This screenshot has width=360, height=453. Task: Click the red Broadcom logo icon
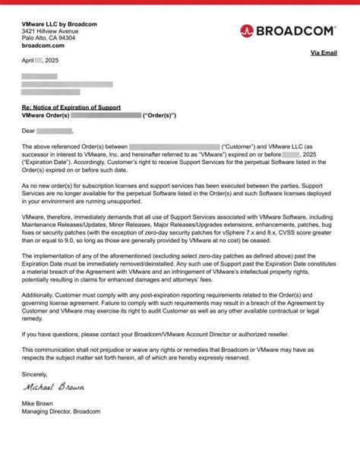pyautogui.click(x=246, y=31)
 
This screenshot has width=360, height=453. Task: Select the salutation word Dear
pyautogui.click(x=29, y=131)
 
